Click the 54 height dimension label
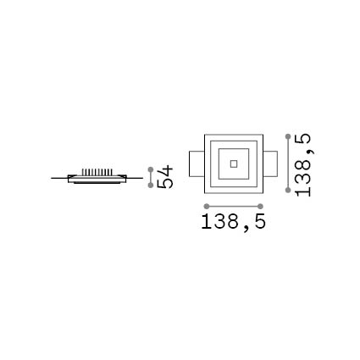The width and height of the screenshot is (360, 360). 165,177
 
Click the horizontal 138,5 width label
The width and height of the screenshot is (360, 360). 234,222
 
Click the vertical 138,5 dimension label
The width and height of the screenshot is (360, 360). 302,165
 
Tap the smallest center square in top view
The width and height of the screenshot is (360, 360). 234,163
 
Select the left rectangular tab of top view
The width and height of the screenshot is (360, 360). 197,163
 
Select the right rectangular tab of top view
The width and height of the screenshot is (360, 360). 270,163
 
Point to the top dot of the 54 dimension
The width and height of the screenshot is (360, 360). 151,169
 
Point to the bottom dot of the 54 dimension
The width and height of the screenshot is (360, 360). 151,186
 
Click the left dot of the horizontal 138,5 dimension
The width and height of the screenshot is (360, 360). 207,207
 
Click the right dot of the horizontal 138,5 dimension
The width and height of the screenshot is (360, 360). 260,207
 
